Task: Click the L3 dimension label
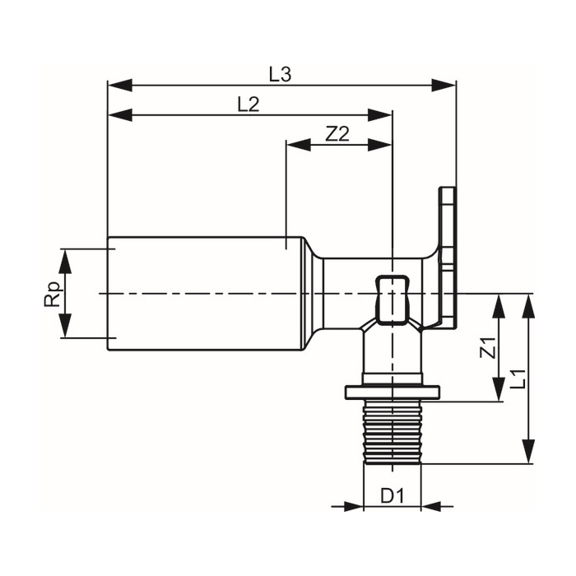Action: (281, 75)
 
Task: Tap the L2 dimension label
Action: (249, 105)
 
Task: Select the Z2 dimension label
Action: (337, 134)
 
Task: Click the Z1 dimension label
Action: (488, 347)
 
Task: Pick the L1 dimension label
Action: (518, 379)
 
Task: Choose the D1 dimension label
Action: (392, 496)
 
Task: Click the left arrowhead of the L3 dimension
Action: (120, 85)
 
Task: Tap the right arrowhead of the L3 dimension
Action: (444, 85)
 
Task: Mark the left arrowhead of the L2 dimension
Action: (120, 115)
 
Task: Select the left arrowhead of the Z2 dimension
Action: (298, 145)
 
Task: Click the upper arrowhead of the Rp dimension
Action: (65, 261)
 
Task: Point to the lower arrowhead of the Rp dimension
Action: (65, 326)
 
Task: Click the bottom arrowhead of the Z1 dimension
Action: (499, 389)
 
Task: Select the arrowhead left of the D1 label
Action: (351, 506)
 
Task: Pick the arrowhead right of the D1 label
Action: (433, 506)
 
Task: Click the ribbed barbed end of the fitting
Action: (393, 432)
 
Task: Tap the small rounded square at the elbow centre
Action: (392, 300)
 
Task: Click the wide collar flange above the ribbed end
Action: (393, 393)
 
